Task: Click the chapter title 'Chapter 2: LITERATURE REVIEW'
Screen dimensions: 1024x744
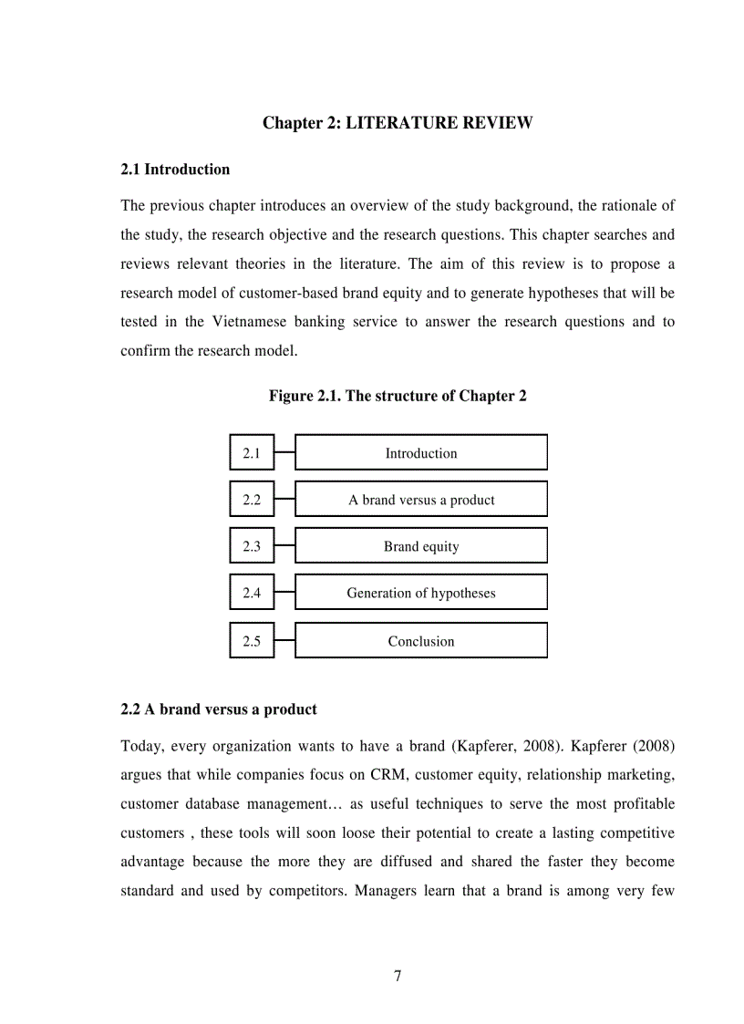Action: [398, 123]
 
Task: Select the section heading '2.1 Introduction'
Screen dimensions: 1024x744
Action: [175, 169]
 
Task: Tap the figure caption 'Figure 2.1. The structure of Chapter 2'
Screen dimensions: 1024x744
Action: [398, 396]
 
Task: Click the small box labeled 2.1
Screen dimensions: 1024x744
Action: [252, 453]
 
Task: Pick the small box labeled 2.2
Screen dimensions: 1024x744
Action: [252, 500]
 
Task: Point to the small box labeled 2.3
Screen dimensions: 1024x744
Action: [252, 547]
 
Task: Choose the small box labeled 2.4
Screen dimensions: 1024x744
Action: [252, 593]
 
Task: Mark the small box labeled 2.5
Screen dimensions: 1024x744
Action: [252, 641]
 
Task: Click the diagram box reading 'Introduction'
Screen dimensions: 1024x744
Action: [421, 453]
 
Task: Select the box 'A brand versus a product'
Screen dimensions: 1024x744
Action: [421, 500]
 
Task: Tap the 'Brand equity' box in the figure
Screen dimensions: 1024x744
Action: [421, 547]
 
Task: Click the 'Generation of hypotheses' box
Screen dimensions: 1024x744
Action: [421, 593]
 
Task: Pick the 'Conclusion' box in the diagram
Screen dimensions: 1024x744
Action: [421, 641]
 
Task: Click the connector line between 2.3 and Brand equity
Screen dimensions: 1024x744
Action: [284, 546]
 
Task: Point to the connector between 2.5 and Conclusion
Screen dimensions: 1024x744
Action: [284, 640]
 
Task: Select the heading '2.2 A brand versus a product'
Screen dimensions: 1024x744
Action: [219, 709]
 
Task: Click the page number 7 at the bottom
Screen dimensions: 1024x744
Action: [398, 977]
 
